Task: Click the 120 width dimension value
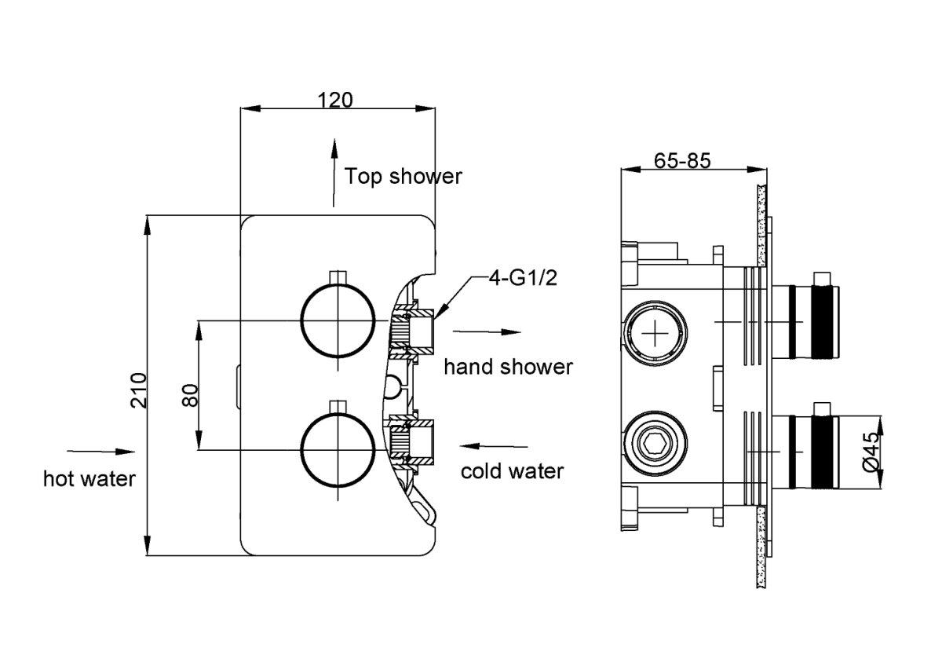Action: (x=336, y=100)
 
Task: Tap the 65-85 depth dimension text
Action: (x=682, y=160)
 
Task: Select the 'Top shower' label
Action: (x=403, y=176)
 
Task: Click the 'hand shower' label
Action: (x=508, y=367)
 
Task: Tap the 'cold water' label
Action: (x=512, y=471)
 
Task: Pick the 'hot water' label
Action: (x=89, y=478)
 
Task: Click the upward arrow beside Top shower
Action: (x=334, y=173)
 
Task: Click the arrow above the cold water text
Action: (x=491, y=446)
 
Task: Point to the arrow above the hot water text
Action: (x=101, y=452)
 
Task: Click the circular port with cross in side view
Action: (x=654, y=333)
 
